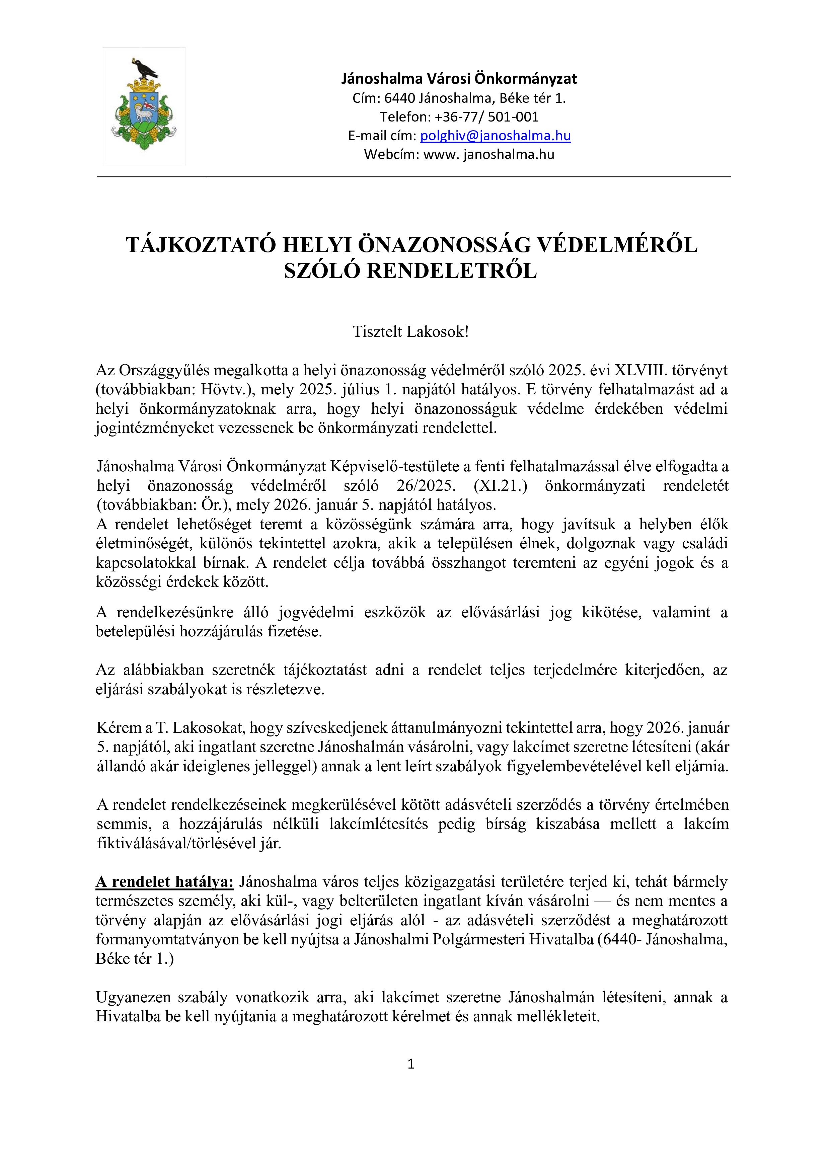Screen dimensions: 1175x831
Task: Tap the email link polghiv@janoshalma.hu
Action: pyautogui.click(x=495, y=136)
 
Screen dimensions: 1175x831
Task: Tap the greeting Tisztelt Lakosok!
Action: pyautogui.click(x=410, y=332)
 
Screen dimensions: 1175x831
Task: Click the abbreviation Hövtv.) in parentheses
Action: pyautogui.click(x=227, y=389)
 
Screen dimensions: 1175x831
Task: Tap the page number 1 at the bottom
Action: pyautogui.click(x=410, y=1064)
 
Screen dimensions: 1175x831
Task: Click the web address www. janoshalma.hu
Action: pyautogui.click(x=489, y=154)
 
